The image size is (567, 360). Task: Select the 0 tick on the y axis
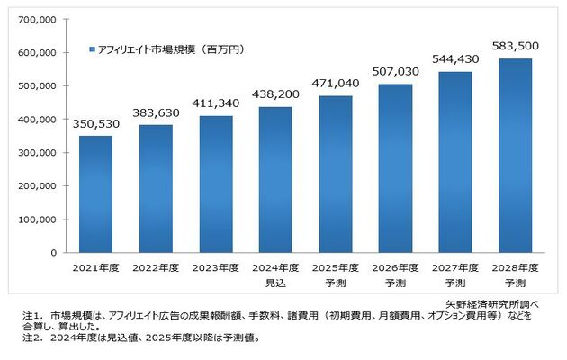pyautogui.click(x=53, y=252)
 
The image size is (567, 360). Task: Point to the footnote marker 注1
pyautogui.click(x=32, y=316)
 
